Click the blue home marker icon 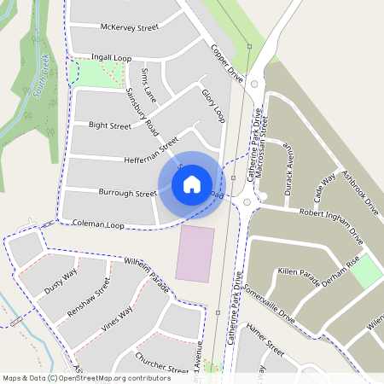click(192, 183)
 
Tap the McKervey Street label click(130, 27)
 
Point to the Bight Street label click(110, 125)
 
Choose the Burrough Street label click(128, 194)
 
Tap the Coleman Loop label click(99, 225)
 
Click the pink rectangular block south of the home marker click(195, 253)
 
